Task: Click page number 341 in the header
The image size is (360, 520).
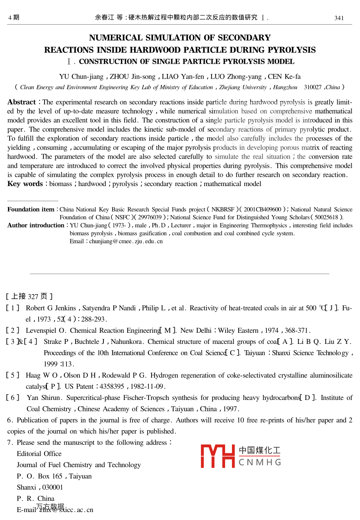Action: pos(339,18)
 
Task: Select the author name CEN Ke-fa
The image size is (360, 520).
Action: pos(284,76)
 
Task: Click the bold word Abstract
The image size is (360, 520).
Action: pos(21,102)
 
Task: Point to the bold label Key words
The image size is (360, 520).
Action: pos(25,184)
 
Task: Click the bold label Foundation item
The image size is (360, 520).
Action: pos(31,210)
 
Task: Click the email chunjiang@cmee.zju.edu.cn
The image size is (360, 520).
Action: pos(126,241)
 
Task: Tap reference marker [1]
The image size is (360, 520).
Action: pos(13,308)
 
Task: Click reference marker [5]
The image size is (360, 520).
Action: pos(13,375)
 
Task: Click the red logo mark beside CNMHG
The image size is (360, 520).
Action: pos(218,456)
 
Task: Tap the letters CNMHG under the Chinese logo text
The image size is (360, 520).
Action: pos(260,462)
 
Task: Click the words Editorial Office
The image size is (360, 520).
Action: pos(39,454)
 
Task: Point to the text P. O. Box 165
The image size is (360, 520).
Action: pos(40,476)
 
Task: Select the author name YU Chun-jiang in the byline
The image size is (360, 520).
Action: pos(81,76)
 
